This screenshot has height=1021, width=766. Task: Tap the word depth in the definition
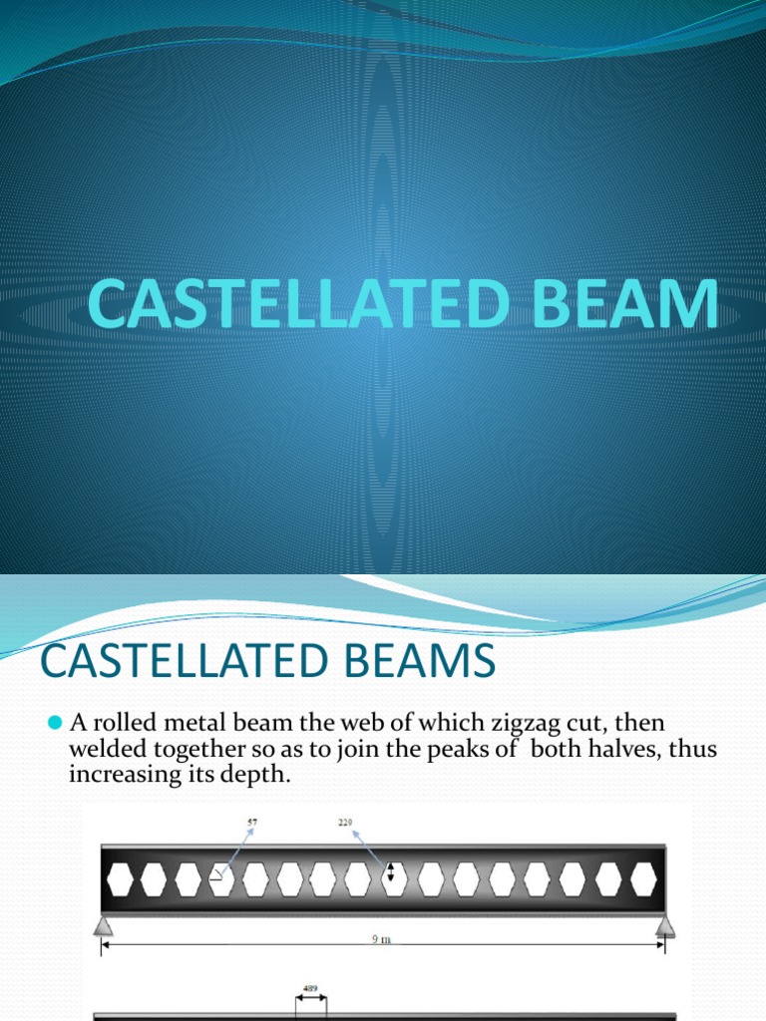pyautogui.click(x=258, y=774)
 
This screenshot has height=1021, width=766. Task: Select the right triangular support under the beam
pyautogui.click(x=664, y=927)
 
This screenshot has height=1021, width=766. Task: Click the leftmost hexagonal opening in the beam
pyautogui.click(x=120, y=879)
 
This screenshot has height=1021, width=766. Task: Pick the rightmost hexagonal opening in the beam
pyautogui.click(x=643, y=879)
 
